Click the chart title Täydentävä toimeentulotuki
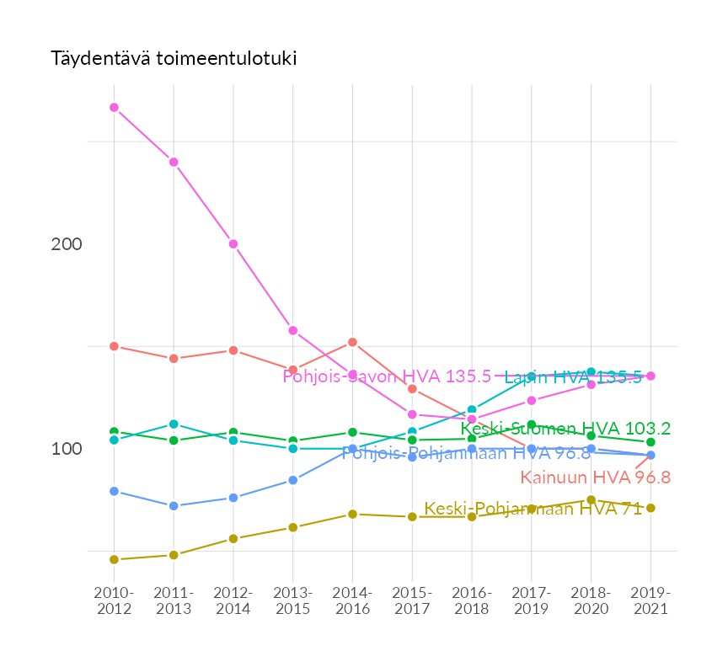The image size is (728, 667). coord(174,59)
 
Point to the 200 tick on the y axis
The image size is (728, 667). coord(67,244)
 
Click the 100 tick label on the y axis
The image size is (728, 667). coord(67,449)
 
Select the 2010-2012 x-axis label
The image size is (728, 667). coord(115,600)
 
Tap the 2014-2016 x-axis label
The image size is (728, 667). coord(352,600)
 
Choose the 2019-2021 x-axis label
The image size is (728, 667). coord(650,600)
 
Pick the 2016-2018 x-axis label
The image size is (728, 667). coord(472,600)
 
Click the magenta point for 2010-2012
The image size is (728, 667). coord(115,108)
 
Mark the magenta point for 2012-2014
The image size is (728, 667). coord(233,244)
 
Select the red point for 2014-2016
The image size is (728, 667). coord(352,342)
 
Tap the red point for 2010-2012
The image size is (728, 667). coord(115,346)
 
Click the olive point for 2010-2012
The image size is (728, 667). coord(115,559)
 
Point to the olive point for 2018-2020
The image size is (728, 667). coord(591,500)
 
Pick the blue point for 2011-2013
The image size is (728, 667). coord(174,506)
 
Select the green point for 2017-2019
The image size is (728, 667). coord(532,425)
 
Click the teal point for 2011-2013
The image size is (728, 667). coord(174,424)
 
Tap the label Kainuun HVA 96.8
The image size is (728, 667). coord(595,478)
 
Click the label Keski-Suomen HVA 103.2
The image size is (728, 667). coord(565,429)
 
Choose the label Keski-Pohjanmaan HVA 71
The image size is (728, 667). coord(533,509)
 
